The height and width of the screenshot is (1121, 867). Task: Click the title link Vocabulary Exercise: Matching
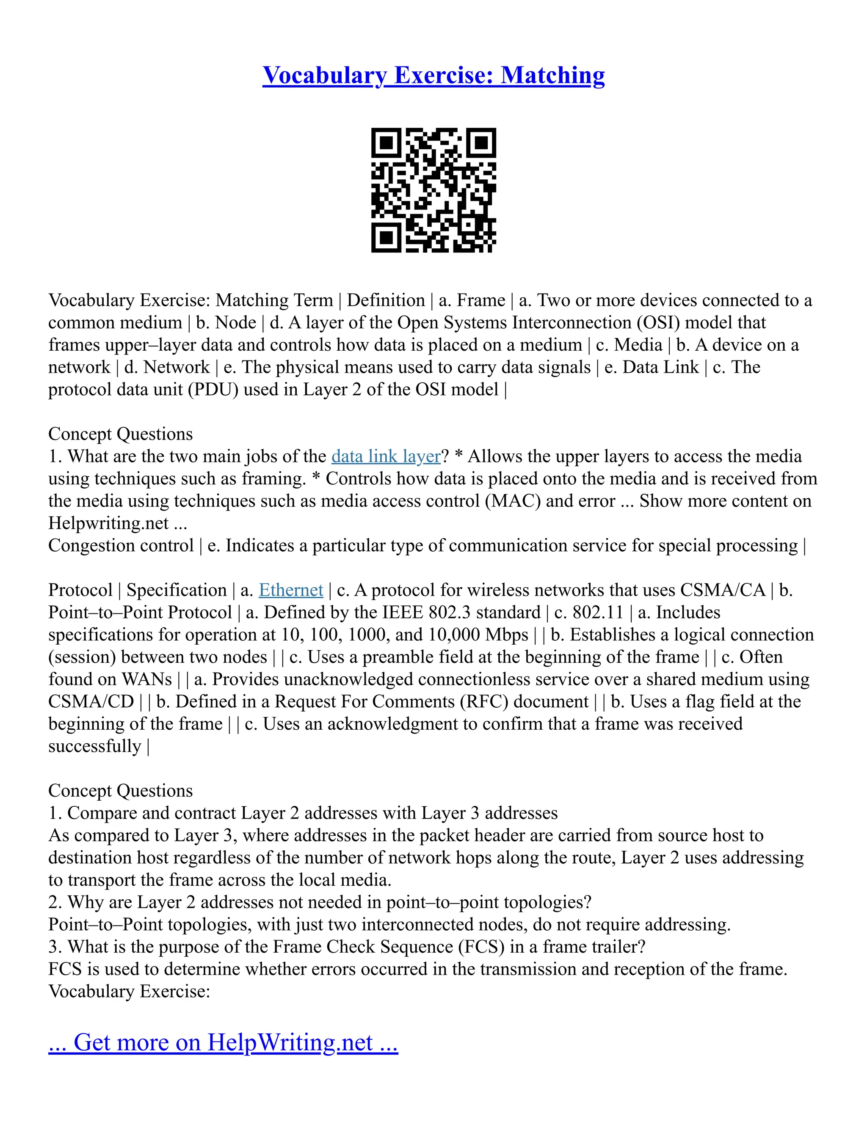click(x=433, y=75)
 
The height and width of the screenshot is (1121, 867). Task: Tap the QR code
click(x=433, y=190)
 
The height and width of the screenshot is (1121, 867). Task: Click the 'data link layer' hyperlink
click(x=386, y=456)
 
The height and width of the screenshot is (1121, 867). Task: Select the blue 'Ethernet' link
click(x=291, y=590)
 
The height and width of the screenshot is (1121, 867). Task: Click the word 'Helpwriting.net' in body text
click(x=108, y=523)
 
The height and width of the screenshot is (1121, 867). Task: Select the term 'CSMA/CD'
click(x=91, y=702)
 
